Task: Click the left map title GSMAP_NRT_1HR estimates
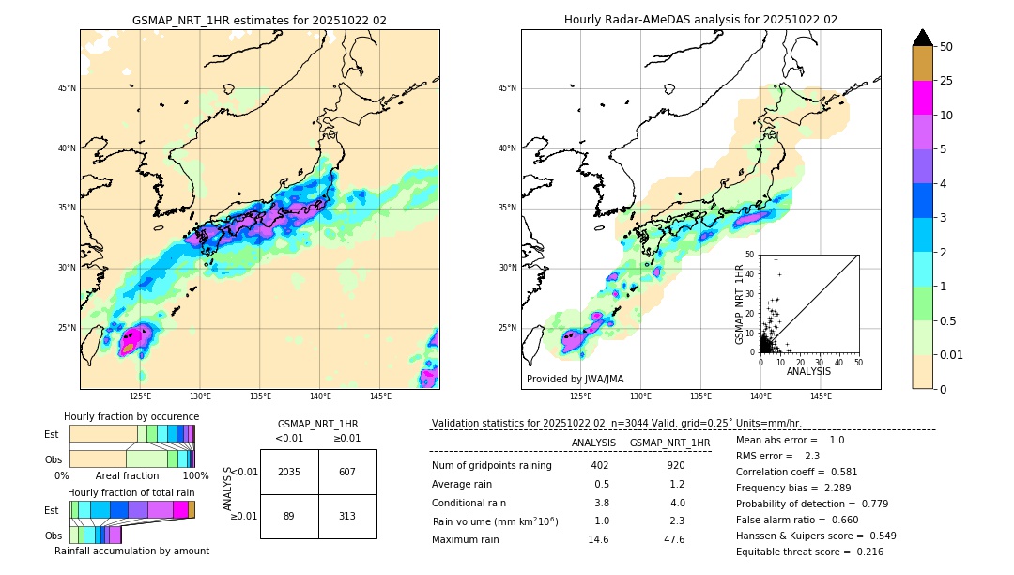point(259,20)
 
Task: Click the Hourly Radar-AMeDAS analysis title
point(700,20)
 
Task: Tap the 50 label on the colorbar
point(946,47)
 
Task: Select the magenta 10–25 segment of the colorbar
point(922,98)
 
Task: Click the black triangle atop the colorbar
point(922,38)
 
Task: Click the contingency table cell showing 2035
point(289,472)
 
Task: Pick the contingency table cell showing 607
point(347,472)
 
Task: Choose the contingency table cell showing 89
point(289,516)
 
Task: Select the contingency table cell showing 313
point(347,516)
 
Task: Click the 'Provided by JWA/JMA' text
point(575,380)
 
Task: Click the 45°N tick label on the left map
point(66,88)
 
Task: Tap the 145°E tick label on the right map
point(821,397)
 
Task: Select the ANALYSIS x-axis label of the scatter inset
point(808,371)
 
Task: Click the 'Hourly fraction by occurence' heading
point(131,416)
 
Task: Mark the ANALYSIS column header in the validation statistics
point(593,443)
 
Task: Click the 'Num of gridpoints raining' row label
point(491,466)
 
